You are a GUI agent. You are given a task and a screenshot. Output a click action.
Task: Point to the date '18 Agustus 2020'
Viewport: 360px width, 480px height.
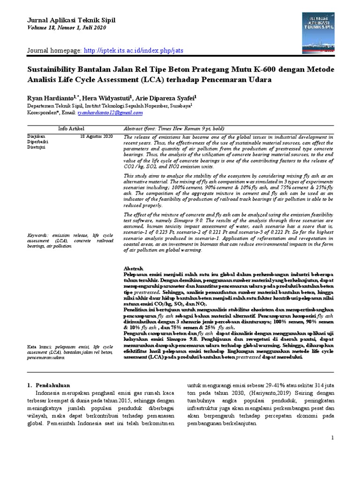[97, 136]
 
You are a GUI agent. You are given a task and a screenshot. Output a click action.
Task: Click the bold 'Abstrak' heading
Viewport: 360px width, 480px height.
[133, 267]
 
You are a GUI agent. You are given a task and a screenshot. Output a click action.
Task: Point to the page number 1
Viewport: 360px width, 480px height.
[332, 437]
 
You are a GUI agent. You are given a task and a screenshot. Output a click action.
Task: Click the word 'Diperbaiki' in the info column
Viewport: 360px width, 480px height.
[37, 142]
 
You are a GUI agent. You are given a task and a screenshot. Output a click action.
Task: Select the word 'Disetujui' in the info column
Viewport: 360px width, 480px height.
[36, 147]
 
